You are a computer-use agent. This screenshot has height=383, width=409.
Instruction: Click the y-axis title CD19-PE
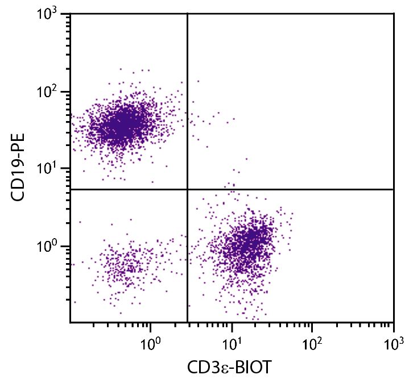(17, 169)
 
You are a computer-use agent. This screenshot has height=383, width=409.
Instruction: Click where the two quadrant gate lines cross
(187, 189)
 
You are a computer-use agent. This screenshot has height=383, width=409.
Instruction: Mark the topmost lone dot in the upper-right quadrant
(198, 81)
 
